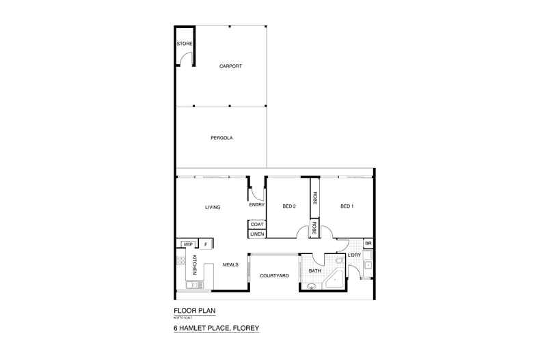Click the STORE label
(185, 44)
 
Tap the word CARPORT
(230, 66)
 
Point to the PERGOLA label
(222, 138)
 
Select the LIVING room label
(212, 207)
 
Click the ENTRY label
(256, 205)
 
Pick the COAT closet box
(257, 224)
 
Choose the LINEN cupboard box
(257, 234)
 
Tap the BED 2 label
(288, 206)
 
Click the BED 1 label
(347, 206)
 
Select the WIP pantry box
(187, 244)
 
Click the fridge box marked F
(206, 244)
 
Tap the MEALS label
(230, 265)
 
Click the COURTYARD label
(274, 275)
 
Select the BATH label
(314, 271)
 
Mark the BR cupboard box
(368, 244)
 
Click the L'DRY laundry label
(354, 255)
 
